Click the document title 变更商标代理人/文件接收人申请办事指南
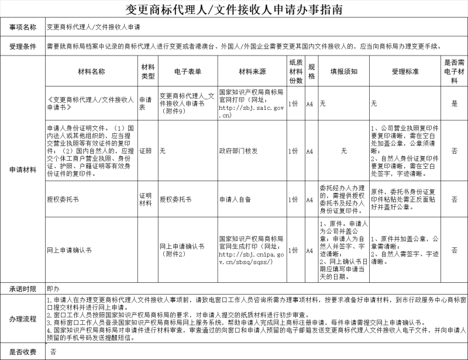[x=234, y=10]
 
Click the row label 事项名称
[x=23, y=27]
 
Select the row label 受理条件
[x=23, y=46]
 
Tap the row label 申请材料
[x=23, y=169]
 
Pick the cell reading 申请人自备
[x=235, y=199]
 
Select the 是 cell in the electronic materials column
[x=454, y=103]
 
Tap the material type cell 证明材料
[x=145, y=199]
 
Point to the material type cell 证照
[x=145, y=151]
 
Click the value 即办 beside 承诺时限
[x=53, y=289]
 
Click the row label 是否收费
[x=23, y=352]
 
